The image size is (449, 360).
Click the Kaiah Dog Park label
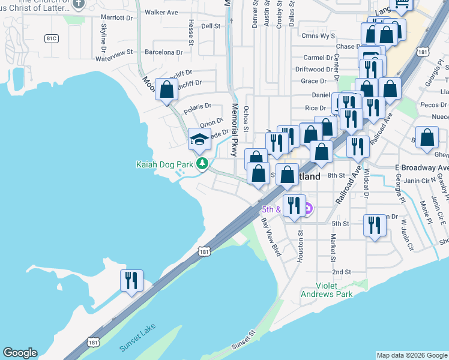[x=165, y=164]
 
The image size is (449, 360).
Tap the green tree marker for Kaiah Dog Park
[x=203, y=163]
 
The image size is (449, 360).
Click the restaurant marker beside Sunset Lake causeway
[x=131, y=280]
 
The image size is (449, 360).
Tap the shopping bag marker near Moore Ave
[x=166, y=90]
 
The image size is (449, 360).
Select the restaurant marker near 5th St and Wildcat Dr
[x=375, y=226]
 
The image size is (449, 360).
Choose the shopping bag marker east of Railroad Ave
[x=426, y=137]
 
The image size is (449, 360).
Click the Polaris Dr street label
[x=198, y=107]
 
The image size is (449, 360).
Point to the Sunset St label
[x=244, y=341]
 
